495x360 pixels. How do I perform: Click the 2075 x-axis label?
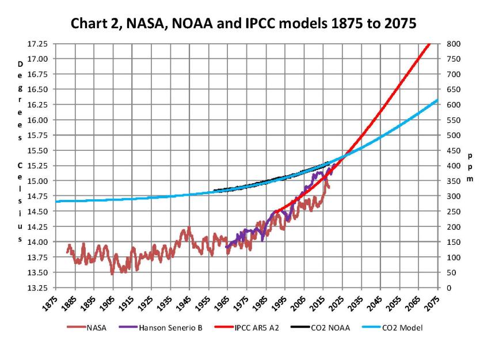(433, 303)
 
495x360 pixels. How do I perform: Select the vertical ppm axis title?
(470, 167)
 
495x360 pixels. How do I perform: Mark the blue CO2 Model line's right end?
(437, 100)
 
